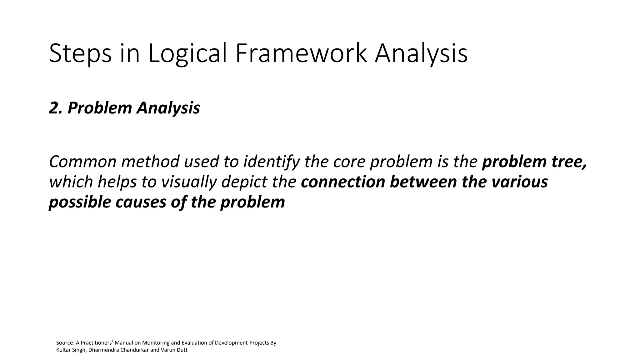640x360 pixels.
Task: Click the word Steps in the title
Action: pos(80,54)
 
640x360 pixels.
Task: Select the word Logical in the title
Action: pos(187,54)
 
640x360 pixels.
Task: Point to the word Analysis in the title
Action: pos(421,54)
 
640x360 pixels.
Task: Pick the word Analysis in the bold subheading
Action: pos(168,108)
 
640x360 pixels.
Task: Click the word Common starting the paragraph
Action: pos(82,162)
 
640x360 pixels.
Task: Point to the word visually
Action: pos(188,182)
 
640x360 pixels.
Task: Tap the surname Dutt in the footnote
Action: pos(182,350)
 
